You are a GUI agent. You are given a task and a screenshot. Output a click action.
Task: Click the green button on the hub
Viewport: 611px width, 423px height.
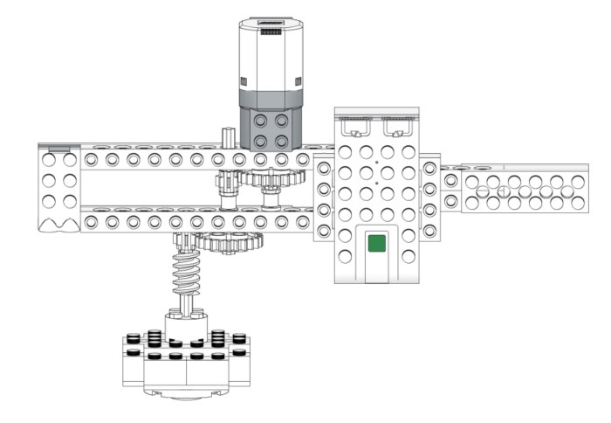377,242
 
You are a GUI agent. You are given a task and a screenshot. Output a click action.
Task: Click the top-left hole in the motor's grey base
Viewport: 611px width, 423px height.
260,121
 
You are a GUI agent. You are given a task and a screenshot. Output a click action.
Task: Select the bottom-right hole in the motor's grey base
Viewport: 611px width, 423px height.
282,141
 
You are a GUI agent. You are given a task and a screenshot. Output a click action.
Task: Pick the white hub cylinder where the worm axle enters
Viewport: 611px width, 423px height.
185,325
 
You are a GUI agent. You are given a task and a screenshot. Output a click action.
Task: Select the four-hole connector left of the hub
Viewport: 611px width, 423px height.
324,199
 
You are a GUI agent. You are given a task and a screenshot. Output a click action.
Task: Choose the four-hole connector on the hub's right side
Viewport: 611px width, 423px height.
429,198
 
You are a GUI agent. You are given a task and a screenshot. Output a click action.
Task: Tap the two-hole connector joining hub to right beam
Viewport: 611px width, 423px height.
450,191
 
